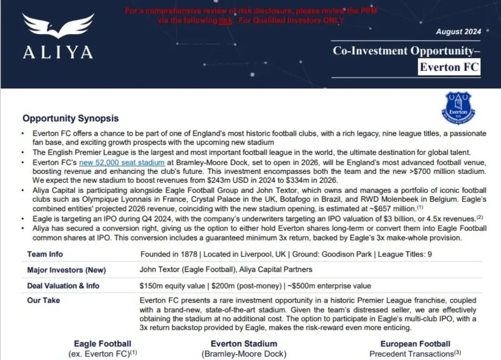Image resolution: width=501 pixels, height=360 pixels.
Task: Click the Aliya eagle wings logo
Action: (x=58, y=26)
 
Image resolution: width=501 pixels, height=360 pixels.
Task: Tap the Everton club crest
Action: (x=458, y=107)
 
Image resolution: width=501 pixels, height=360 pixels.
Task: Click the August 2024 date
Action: (x=458, y=32)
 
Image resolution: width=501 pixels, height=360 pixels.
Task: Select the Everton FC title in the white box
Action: (x=449, y=67)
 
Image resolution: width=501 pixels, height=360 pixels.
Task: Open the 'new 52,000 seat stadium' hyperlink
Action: (x=122, y=163)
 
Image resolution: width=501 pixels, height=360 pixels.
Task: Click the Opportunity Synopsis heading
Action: (x=71, y=119)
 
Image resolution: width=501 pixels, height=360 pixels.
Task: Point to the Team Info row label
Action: (x=45, y=254)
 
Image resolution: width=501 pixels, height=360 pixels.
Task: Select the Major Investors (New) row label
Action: (x=66, y=270)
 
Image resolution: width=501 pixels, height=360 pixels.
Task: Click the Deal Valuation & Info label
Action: (x=63, y=286)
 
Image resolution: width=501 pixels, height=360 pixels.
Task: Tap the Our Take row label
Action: (x=44, y=301)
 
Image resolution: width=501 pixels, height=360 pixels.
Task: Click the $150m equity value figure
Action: (x=171, y=286)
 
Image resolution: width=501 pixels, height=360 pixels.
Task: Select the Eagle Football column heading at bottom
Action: (x=103, y=344)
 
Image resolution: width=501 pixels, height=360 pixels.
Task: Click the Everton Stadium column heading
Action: (x=244, y=344)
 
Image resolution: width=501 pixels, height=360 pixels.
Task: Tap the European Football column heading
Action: (x=415, y=344)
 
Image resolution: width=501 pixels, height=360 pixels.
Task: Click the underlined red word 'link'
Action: (x=225, y=20)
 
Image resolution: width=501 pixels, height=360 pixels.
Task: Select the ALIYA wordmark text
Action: (x=58, y=52)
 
